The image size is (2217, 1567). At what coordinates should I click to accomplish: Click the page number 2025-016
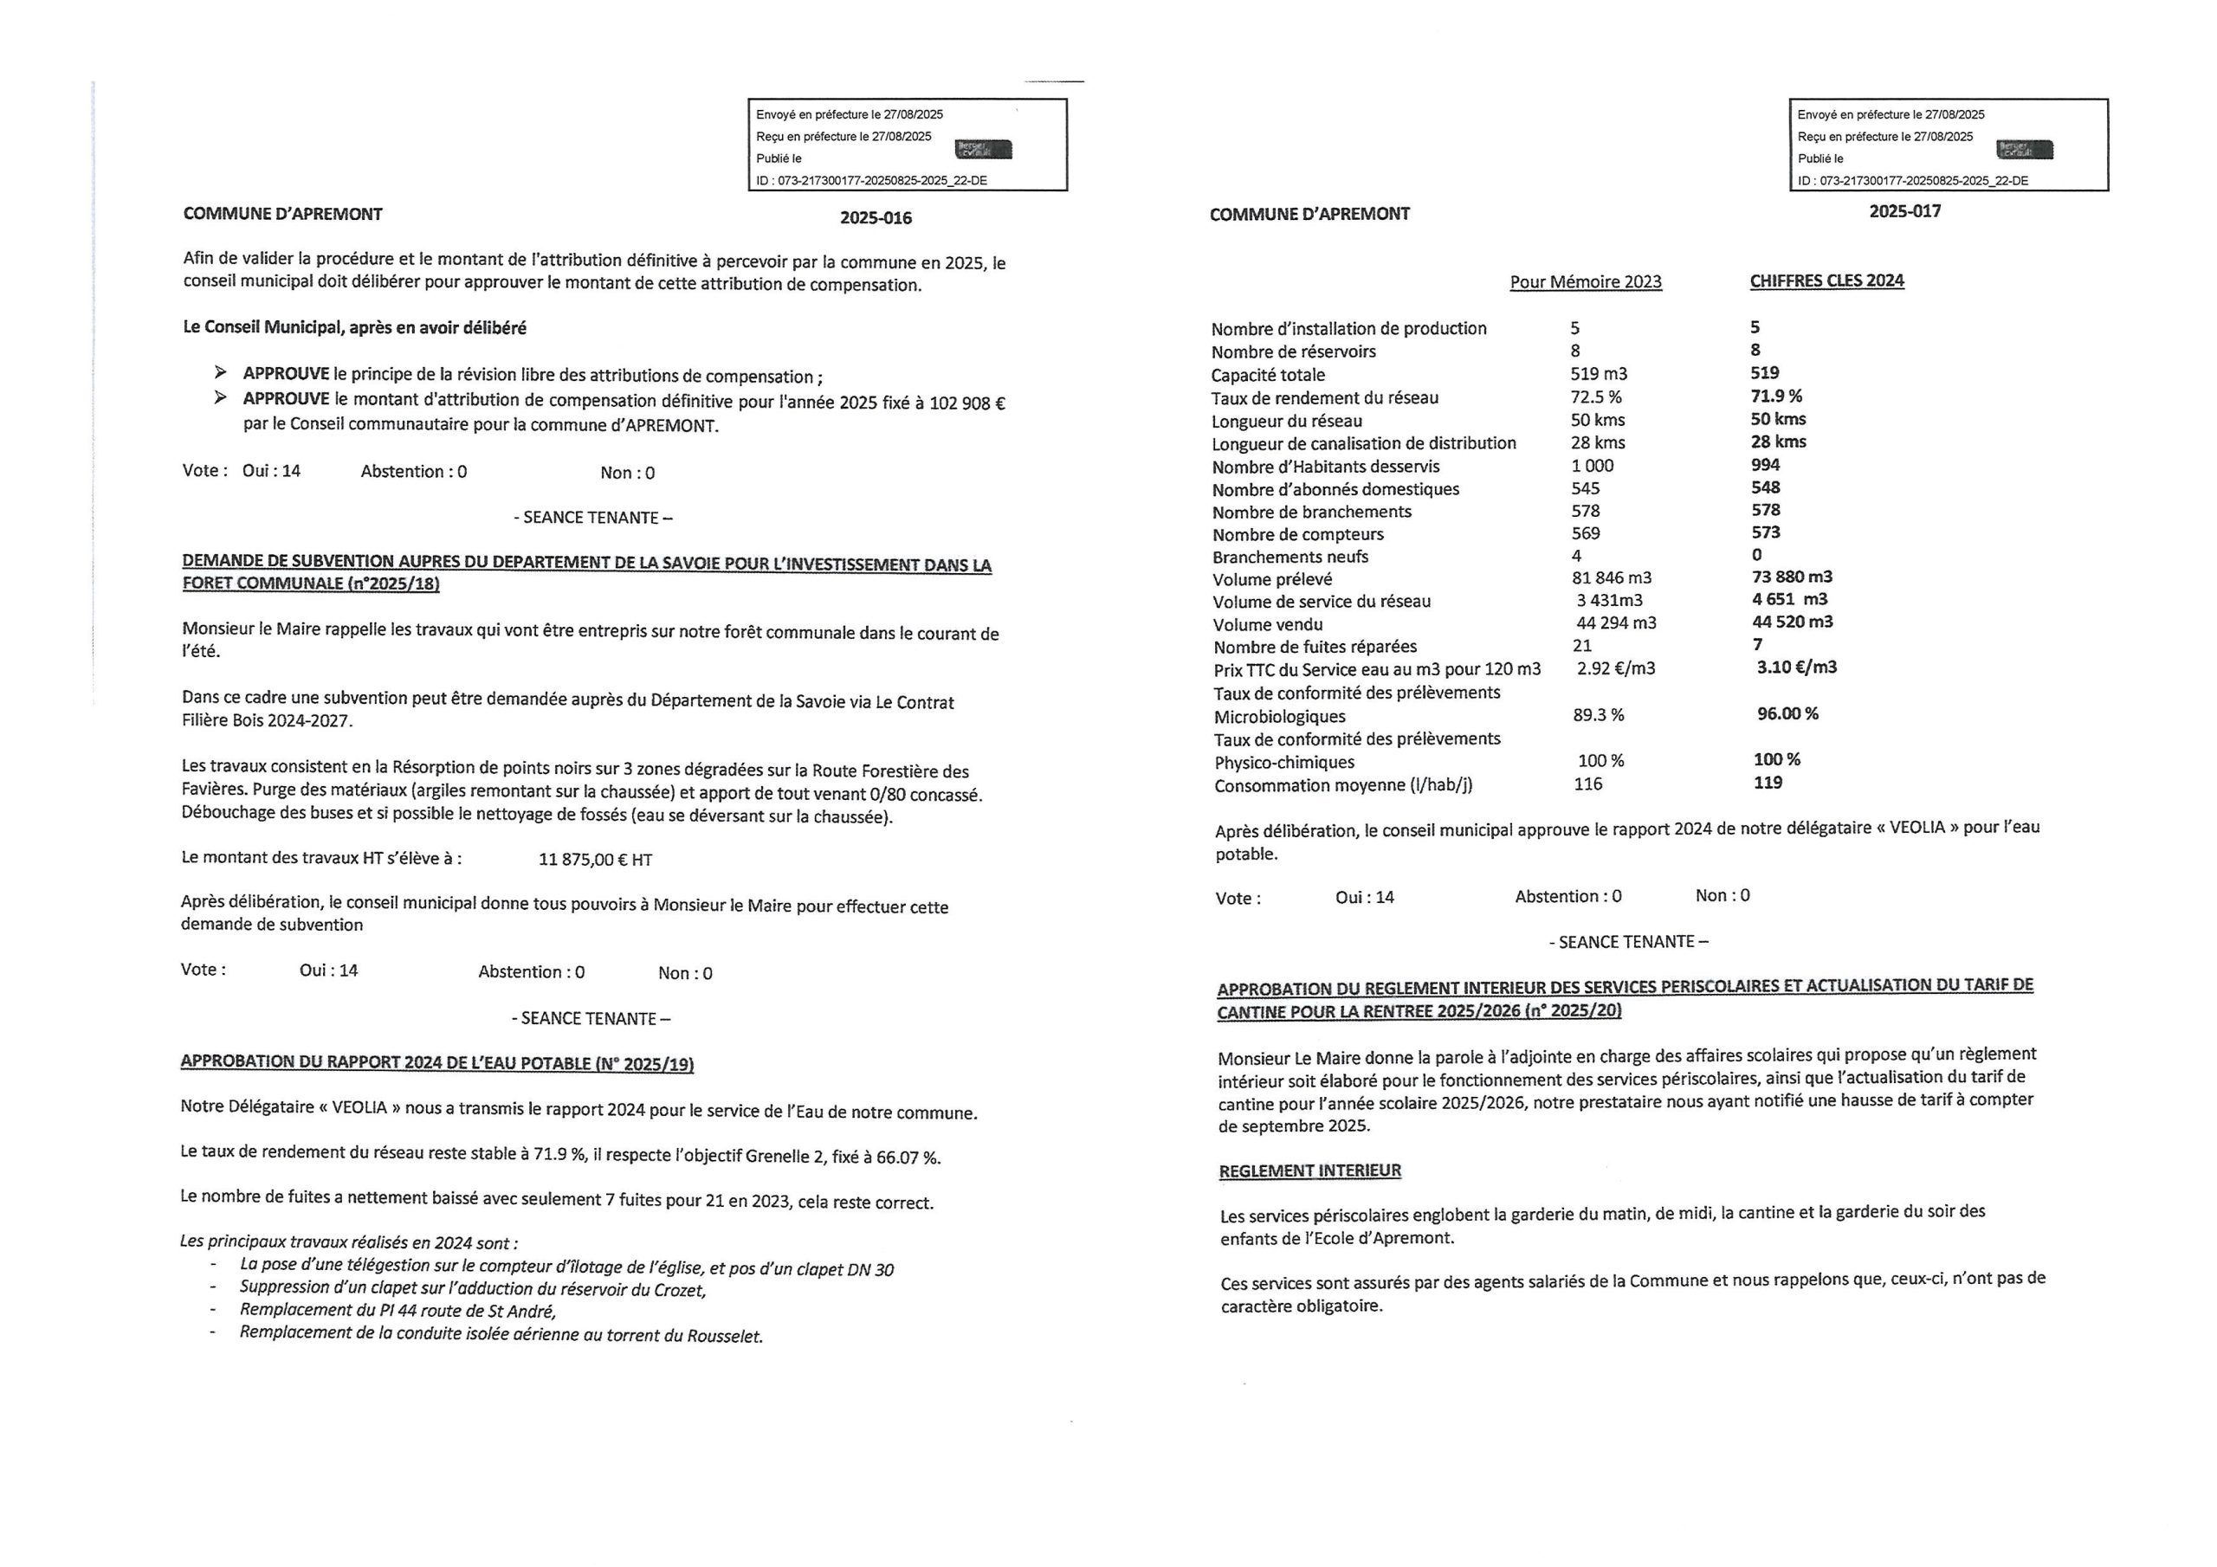[875, 218]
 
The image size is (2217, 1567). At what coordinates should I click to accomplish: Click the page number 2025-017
[1904, 211]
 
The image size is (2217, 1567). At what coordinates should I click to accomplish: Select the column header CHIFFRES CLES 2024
[1827, 281]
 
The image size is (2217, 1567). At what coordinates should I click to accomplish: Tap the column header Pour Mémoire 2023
[1586, 282]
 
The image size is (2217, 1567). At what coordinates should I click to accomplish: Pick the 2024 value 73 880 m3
[1792, 577]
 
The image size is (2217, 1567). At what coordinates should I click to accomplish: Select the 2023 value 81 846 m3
[1612, 578]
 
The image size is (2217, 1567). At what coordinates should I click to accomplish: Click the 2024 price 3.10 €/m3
[1796, 667]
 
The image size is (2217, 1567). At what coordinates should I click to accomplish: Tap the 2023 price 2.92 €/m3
[1615, 668]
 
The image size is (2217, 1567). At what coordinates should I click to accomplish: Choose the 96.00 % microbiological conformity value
[1787, 713]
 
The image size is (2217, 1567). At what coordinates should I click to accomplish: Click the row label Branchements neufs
[1290, 557]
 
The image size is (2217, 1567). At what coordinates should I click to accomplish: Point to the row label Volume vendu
[1268, 625]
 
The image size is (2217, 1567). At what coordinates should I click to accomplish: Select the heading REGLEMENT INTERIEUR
[1309, 1171]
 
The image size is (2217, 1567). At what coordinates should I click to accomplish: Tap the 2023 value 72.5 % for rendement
[1596, 397]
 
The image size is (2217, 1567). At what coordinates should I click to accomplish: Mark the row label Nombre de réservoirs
[1293, 351]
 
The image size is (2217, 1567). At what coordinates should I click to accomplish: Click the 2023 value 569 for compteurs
[1586, 533]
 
